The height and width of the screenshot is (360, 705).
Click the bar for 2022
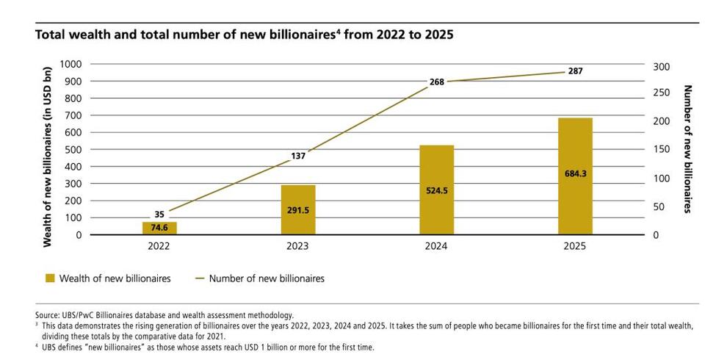[x=159, y=228]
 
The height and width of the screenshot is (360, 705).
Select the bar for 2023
[x=297, y=209]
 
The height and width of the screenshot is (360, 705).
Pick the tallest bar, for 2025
[x=575, y=176]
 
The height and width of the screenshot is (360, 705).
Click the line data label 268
[x=437, y=82]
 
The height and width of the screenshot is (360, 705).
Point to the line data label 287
[x=575, y=71]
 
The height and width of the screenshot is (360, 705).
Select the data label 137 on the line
[x=297, y=155]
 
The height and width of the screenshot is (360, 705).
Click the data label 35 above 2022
[x=159, y=215]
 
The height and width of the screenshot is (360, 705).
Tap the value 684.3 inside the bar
[x=575, y=173]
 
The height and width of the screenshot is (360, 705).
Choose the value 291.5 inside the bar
[x=297, y=210]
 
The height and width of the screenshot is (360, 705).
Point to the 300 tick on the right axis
[x=661, y=66]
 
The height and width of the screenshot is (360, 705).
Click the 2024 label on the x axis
[x=436, y=248]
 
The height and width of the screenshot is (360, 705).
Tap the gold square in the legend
[x=50, y=278]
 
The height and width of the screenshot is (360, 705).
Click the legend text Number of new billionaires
[x=267, y=278]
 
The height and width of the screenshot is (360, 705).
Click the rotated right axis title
[x=688, y=149]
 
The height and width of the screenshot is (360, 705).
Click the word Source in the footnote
[x=46, y=314]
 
